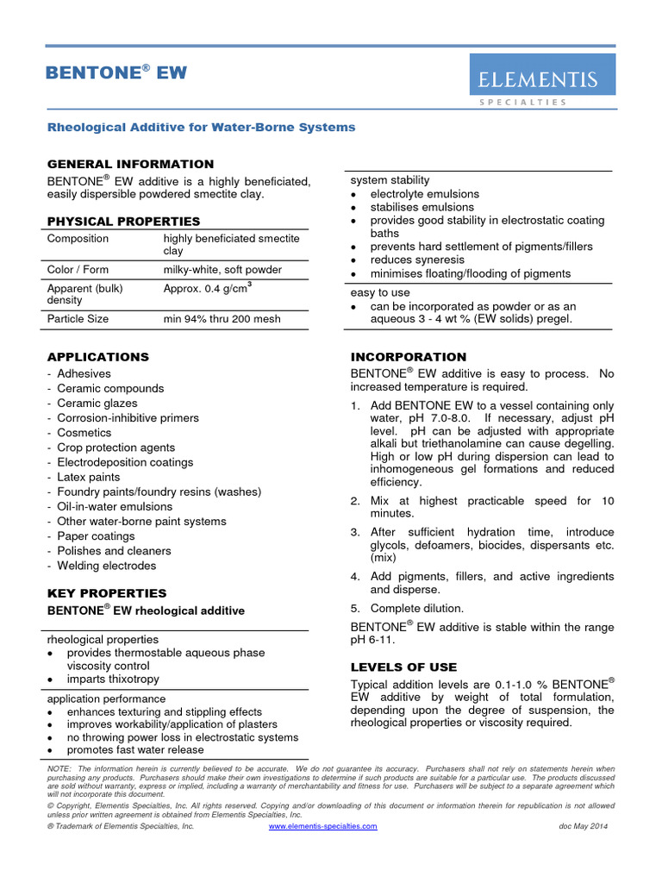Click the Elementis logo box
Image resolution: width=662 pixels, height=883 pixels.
pyautogui.click(x=542, y=75)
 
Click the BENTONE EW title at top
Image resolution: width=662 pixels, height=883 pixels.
pyautogui.click(x=116, y=73)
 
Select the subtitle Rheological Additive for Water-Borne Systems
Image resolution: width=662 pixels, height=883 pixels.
pyautogui.click(x=201, y=127)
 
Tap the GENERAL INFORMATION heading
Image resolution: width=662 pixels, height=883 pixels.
pyautogui.click(x=130, y=164)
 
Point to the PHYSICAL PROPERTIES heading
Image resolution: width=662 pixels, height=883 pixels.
pyautogui.click(x=123, y=222)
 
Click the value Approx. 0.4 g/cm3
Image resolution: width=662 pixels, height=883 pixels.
pyautogui.click(x=208, y=288)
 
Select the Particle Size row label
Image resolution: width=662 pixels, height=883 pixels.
pyautogui.click(x=78, y=318)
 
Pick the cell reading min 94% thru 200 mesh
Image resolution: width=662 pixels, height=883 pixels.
pyautogui.click(x=222, y=318)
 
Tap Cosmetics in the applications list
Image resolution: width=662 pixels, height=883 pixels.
pyautogui.click(x=84, y=433)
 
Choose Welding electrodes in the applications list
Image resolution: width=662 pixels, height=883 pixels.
pyautogui.click(x=106, y=566)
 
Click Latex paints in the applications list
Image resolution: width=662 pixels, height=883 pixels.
pyautogui.click(x=89, y=477)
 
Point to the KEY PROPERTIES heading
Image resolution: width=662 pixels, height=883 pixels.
pyautogui.click(x=107, y=593)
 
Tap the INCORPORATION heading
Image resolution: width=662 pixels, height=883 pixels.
pyautogui.click(x=409, y=356)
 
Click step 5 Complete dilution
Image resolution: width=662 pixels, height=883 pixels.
pyautogui.click(x=416, y=608)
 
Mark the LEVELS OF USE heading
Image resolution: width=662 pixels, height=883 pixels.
pyautogui.click(x=404, y=667)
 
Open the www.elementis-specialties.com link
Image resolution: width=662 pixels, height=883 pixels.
pyautogui.click(x=323, y=826)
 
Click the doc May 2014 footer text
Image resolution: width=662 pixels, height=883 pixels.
pyautogui.click(x=584, y=826)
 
